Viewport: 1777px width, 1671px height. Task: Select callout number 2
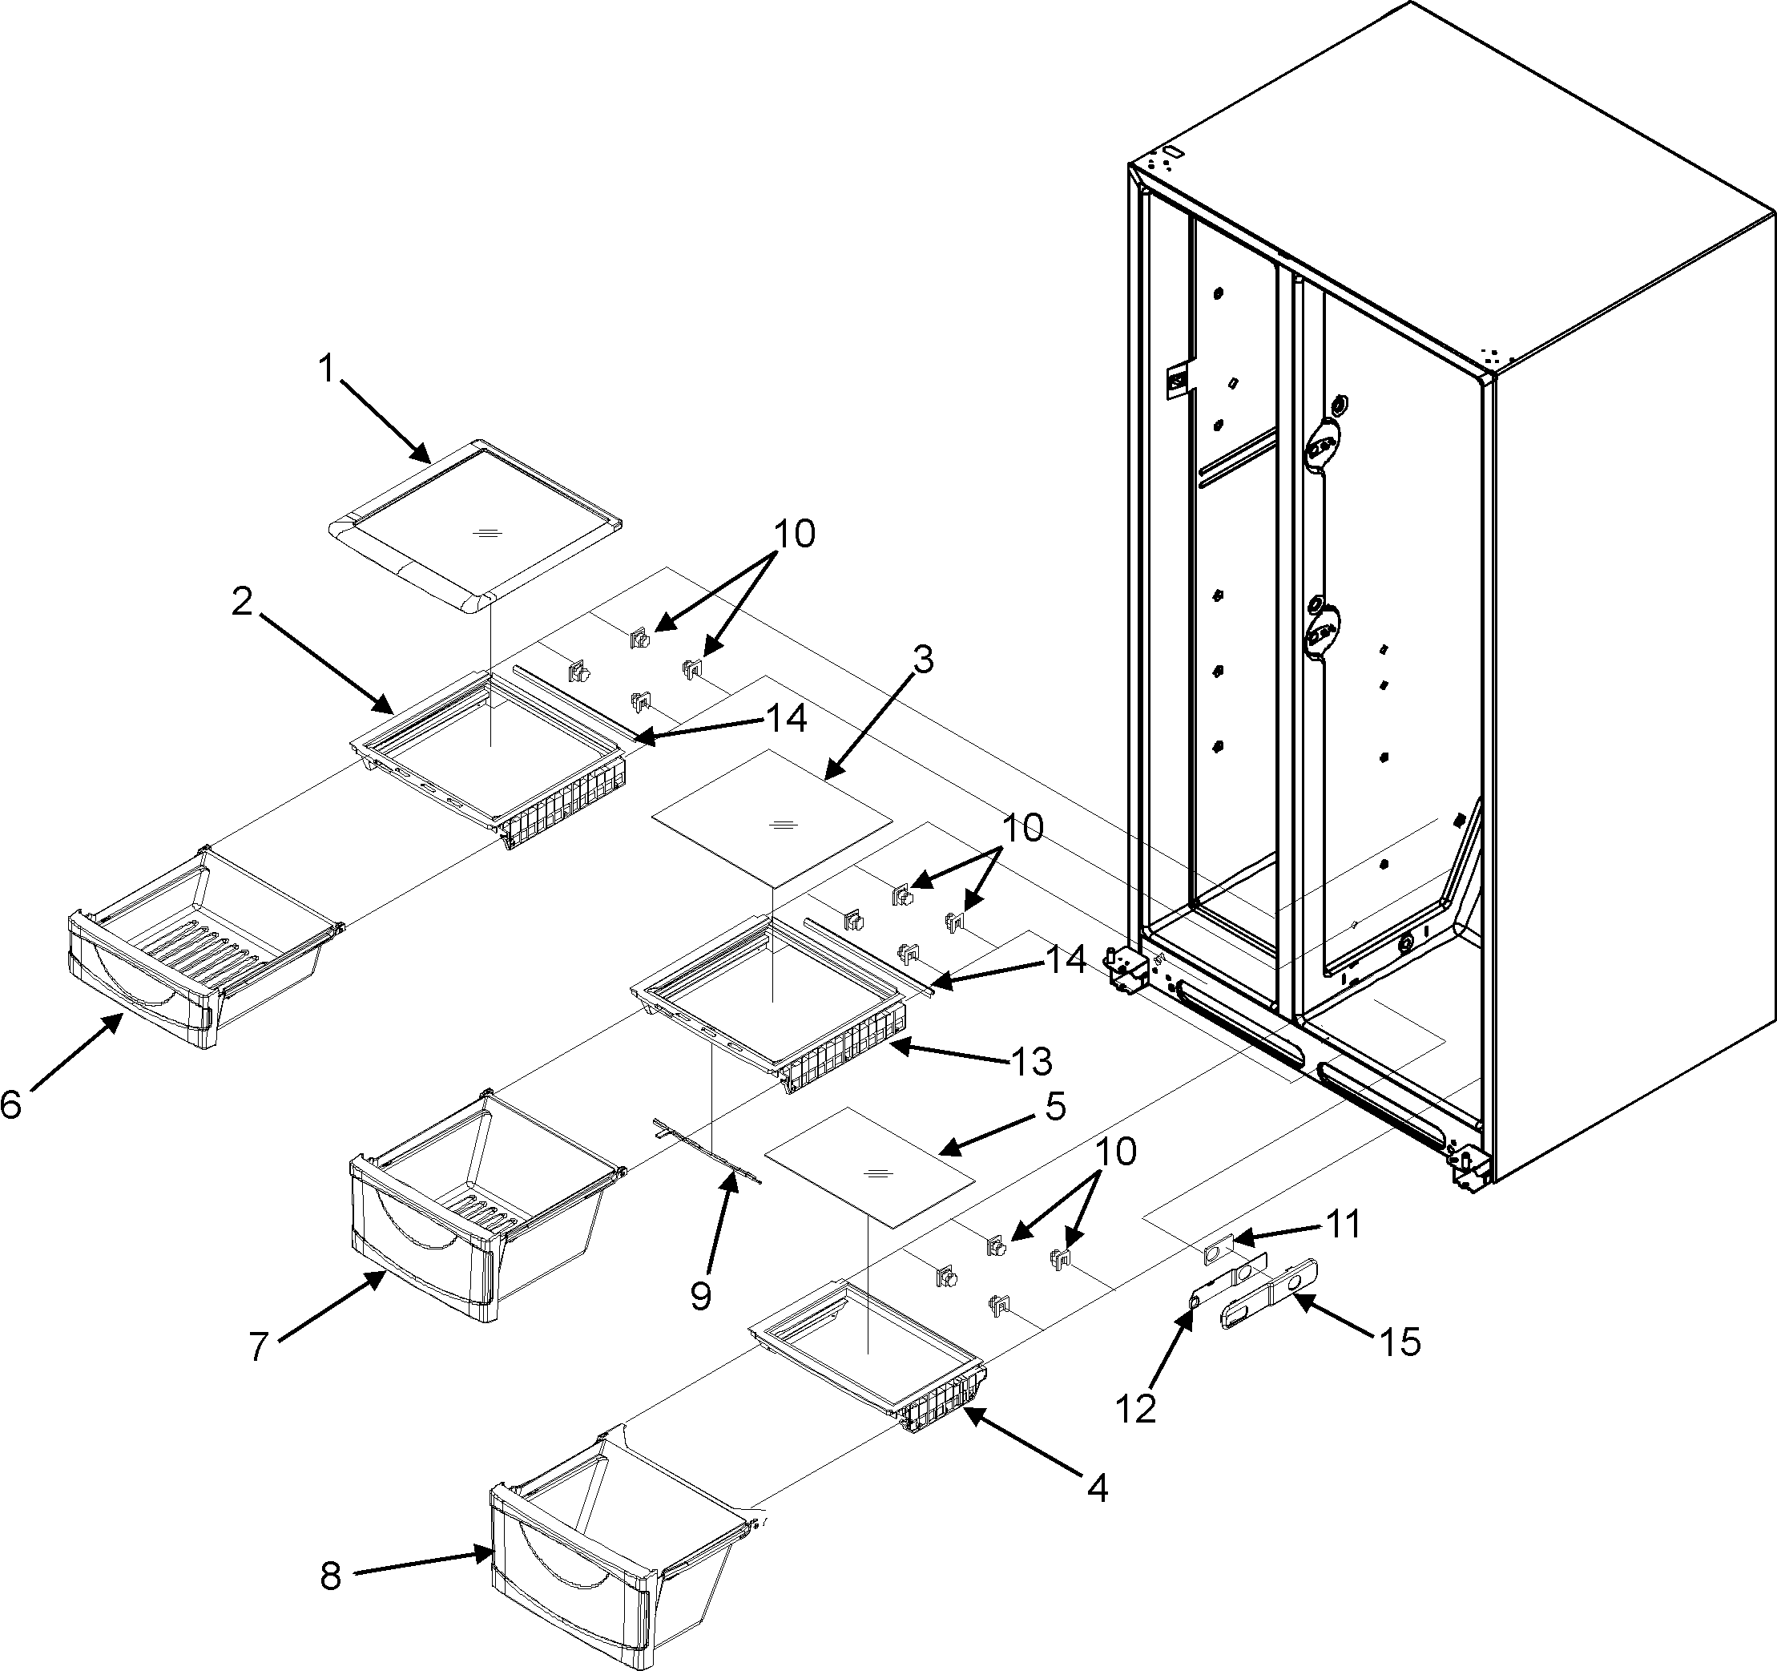pyautogui.click(x=241, y=602)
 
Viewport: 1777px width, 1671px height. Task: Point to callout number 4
pyautogui.click(x=1098, y=1487)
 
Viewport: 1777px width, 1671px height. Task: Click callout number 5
pyautogui.click(x=1056, y=1106)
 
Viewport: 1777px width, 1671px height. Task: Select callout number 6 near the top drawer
pyautogui.click(x=10, y=1105)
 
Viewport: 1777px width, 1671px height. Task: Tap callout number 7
pyautogui.click(x=258, y=1346)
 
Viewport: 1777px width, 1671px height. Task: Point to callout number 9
pyautogui.click(x=701, y=1295)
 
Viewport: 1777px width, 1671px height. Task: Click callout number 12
pyautogui.click(x=1135, y=1409)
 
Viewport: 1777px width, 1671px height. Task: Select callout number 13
pyautogui.click(x=1030, y=1061)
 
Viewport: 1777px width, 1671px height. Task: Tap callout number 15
pyautogui.click(x=1400, y=1341)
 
